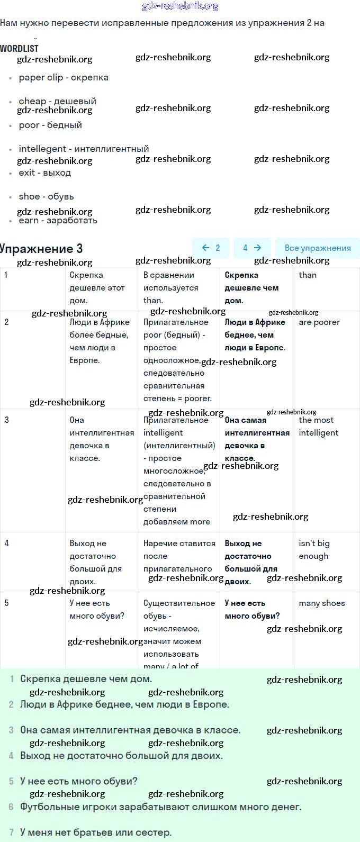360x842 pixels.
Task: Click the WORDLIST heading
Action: pyautogui.click(x=20, y=48)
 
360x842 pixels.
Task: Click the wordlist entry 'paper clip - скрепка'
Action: pyautogui.click(x=64, y=77)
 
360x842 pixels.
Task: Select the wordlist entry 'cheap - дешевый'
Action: pyautogui.click(x=57, y=101)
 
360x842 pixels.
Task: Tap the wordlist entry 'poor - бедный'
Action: pyautogui.click(x=50, y=125)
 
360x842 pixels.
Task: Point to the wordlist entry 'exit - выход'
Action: pyautogui.click(x=44, y=173)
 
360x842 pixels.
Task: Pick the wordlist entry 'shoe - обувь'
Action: pyautogui.click(x=46, y=196)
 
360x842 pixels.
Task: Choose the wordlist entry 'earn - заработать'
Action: pyautogui.click(x=58, y=220)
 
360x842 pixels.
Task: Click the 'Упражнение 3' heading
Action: pyautogui.click(x=41, y=248)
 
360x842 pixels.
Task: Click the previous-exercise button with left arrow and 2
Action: pyautogui.click(x=211, y=248)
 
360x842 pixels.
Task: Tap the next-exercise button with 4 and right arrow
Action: pyautogui.click(x=252, y=248)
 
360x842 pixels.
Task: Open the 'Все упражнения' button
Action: pyautogui.click(x=317, y=248)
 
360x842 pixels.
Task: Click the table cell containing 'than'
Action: pyautogui.click(x=308, y=275)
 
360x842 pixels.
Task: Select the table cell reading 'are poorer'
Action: pyautogui.click(x=319, y=322)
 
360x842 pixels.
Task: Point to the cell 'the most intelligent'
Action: pyautogui.click(x=318, y=426)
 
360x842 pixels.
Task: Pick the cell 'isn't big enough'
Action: pyautogui.click(x=314, y=549)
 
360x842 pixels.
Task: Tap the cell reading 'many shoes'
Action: pyautogui.click(x=321, y=603)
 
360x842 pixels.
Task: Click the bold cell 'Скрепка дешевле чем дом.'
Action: pyautogui.click(x=251, y=288)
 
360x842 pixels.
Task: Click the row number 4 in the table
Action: pyautogui.click(x=6, y=543)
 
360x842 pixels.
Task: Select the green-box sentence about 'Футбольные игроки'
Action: pyautogui.click(x=160, y=807)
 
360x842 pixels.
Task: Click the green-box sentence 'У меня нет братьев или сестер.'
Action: pyautogui.click(x=96, y=832)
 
